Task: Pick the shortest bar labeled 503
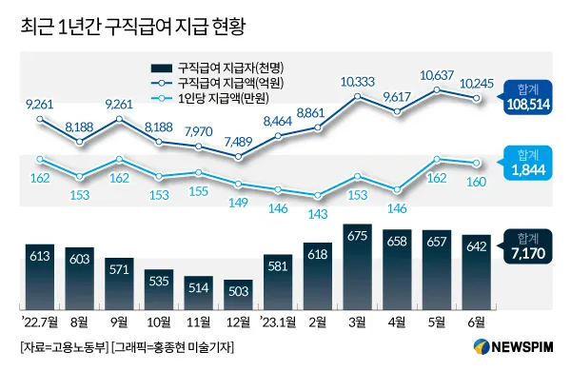point(239,290)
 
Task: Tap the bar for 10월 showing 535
point(159,285)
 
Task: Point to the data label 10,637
point(437,75)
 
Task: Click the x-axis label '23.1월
point(277,321)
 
